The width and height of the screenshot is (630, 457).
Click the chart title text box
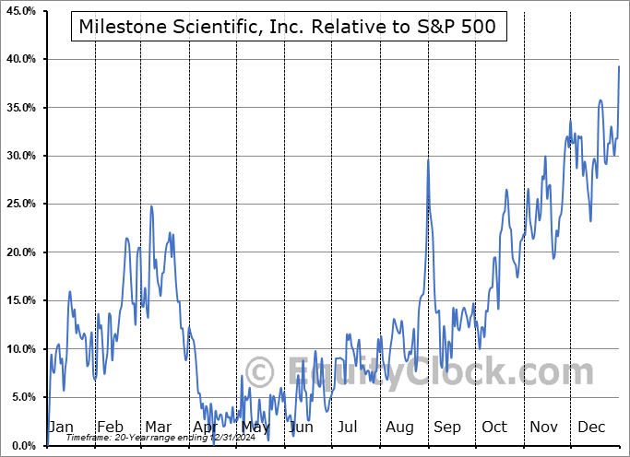pos(288,27)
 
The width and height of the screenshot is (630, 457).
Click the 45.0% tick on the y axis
pos(18,11)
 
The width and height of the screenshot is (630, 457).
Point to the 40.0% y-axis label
pos(18,59)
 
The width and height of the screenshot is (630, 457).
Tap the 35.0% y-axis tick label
pos(18,108)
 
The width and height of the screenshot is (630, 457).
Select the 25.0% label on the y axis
pos(18,204)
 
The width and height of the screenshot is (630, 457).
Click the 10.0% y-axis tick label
pos(18,348)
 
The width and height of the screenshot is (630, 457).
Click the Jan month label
pos(61,427)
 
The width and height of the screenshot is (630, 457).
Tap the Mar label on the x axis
pos(158,427)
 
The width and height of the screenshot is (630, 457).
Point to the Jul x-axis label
pos(348,427)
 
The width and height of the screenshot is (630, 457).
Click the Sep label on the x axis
pos(447,427)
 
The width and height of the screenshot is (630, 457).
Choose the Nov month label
pos(544,427)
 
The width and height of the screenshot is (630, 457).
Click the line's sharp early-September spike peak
pos(428,160)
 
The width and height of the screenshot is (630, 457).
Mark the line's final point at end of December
pos(619,66)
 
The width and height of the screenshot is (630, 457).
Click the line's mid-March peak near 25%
pos(151,206)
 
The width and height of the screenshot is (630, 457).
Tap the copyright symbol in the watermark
pos(259,372)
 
